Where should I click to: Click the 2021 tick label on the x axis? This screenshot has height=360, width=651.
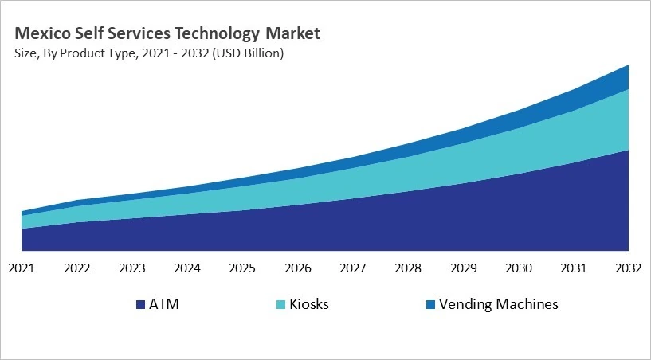point(22,268)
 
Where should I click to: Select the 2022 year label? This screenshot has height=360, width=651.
point(76,268)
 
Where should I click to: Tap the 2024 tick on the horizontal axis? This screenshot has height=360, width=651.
point(187,268)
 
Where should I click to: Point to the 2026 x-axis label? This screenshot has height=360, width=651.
point(298,268)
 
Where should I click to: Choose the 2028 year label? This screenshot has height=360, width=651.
point(408,268)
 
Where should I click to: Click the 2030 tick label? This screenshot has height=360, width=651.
point(519,268)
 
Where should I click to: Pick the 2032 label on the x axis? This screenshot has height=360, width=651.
point(629,268)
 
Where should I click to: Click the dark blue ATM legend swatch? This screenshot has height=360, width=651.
point(141,305)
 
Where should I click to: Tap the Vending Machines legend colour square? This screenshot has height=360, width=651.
point(430,305)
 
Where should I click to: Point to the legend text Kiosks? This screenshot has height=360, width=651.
point(309,304)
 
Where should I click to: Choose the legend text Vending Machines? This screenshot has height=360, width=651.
point(499,304)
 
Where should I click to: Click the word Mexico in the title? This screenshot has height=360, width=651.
point(41,33)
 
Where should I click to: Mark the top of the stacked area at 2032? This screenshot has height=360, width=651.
point(629,65)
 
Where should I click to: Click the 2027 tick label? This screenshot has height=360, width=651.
point(353,268)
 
